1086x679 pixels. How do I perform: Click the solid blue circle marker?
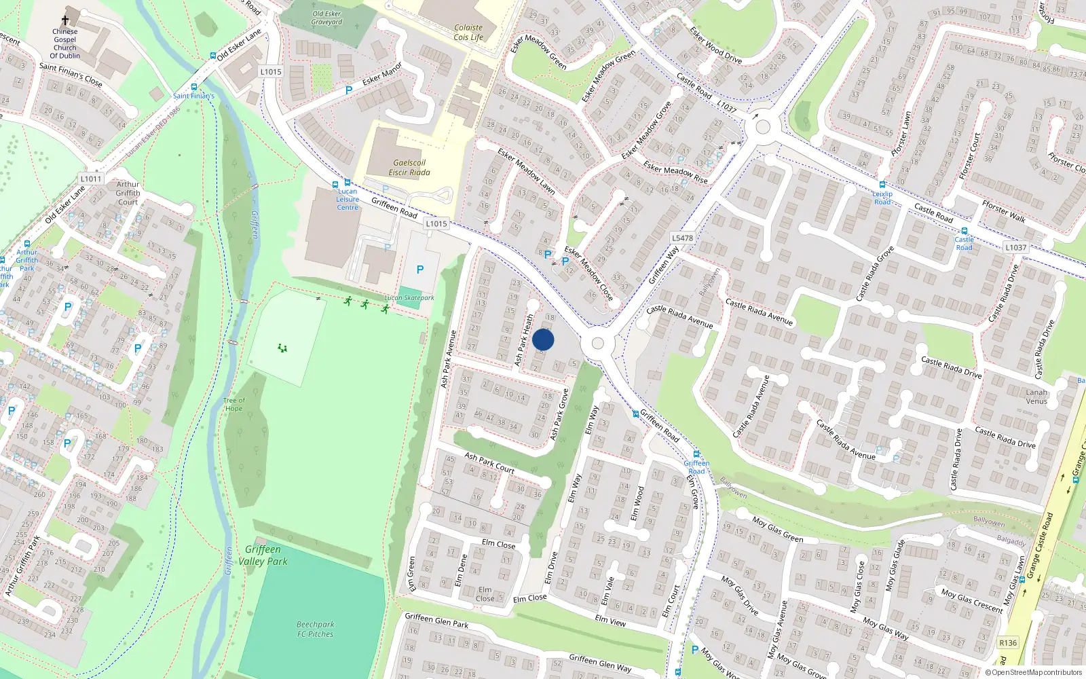[x=543, y=340]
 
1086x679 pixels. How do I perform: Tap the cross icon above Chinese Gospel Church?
[x=65, y=21]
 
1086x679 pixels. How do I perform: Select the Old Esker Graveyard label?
[x=326, y=18]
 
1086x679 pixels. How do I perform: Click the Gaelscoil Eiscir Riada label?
[x=409, y=168]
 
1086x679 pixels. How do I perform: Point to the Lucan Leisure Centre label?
[x=348, y=200]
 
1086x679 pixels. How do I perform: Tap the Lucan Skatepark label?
[x=409, y=298]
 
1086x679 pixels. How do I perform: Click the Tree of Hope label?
[x=233, y=405]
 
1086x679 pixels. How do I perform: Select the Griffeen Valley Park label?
[x=263, y=555]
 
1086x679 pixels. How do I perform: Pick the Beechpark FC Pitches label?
[x=315, y=629]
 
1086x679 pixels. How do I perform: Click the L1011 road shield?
[x=90, y=179]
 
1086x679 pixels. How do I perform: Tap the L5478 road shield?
[x=682, y=238]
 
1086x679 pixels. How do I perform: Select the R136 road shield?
[x=1008, y=643]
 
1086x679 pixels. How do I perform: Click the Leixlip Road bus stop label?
[x=882, y=198]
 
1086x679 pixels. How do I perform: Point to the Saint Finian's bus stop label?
[x=193, y=96]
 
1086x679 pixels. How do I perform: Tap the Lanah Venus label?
[x=1036, y=397]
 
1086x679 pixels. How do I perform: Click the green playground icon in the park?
[x=282, y=348]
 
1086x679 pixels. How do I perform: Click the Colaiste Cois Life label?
[x=468, y=33]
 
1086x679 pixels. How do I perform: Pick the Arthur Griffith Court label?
[x=128, y=193]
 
